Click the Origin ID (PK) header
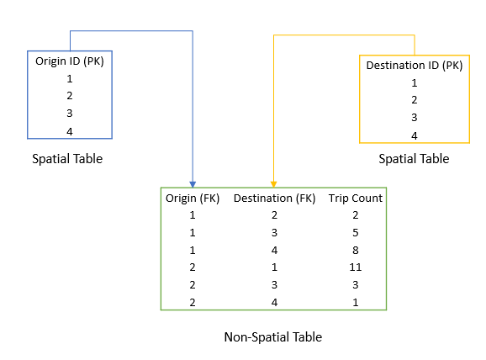(x=69, y=61)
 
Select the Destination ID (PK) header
(x=414, y=65)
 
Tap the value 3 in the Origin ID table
(x=69, y=114)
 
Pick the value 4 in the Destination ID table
(x=414, y=135)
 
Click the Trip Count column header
(x=355, y=198)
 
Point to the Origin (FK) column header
(x=193, y=198)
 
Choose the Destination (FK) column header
(x=274, y=198)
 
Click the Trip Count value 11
(x=355, y=267)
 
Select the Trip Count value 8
(x=355, y=250)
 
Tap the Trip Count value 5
(x=355, y=232)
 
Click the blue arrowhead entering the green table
(x=193, y=183)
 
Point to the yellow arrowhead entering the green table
(x=273, y=183)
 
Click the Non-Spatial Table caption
(x=273, y=337)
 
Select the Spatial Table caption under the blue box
(x=67, y=158)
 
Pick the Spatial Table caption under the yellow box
(x=414, y=158)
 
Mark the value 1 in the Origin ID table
(x=69, y=78)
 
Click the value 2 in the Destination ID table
(x=414, y=100)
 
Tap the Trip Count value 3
(x=355, y=284)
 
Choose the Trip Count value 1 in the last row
(x=355, y=301)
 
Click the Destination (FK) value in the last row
(x=274, y=301)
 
